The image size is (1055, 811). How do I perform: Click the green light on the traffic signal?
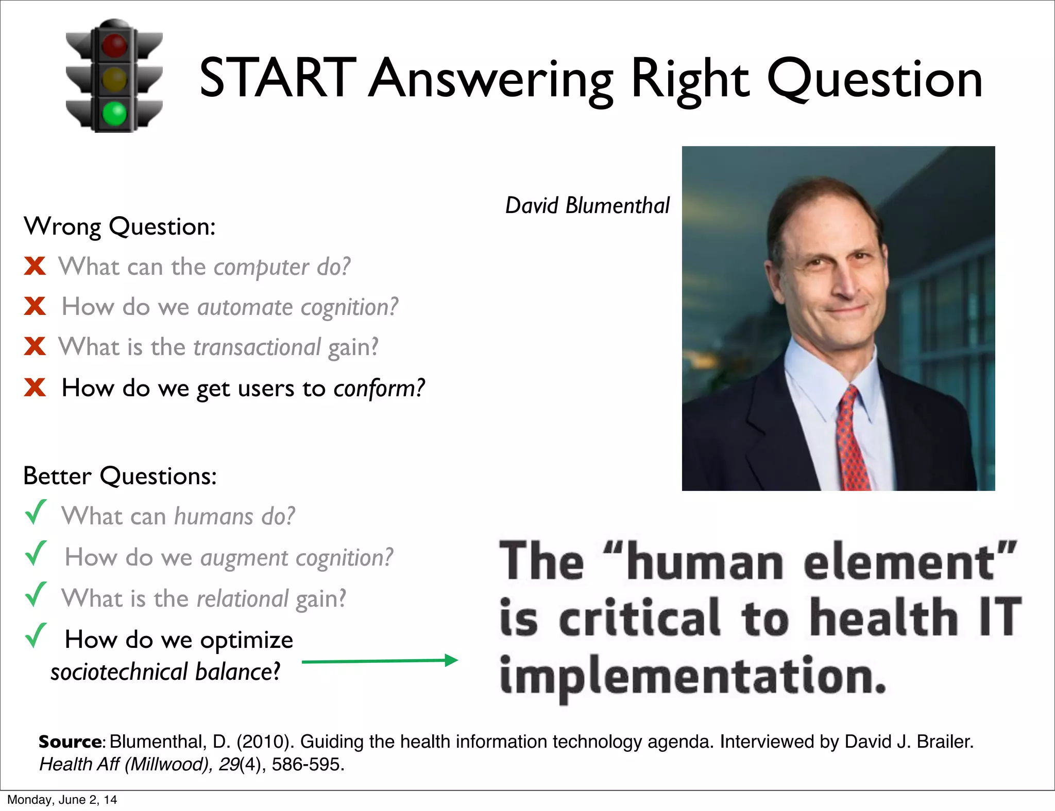(114, 113)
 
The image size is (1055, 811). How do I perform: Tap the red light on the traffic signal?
(114, 45)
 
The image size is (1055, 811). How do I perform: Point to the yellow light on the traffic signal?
(114, 79)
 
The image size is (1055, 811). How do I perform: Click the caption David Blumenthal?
(587, 205)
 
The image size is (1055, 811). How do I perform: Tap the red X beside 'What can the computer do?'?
(35, 266)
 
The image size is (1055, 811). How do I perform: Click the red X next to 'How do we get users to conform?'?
(35, 387)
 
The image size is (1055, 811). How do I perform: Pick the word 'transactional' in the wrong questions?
(257, 347)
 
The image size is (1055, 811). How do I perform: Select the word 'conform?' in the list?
(379, 389)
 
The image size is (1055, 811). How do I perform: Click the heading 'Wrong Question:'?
(120, 226)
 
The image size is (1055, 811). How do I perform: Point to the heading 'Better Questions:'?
(120, 475)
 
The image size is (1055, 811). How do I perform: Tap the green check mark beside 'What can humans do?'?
(36, 513)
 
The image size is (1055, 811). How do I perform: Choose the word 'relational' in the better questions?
(243, 599)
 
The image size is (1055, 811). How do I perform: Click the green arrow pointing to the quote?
(380, 661)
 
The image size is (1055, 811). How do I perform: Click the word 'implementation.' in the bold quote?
(693, 676)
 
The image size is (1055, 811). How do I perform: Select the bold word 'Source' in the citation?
(71, 742)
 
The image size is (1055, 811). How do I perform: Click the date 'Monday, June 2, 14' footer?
(62, 800)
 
